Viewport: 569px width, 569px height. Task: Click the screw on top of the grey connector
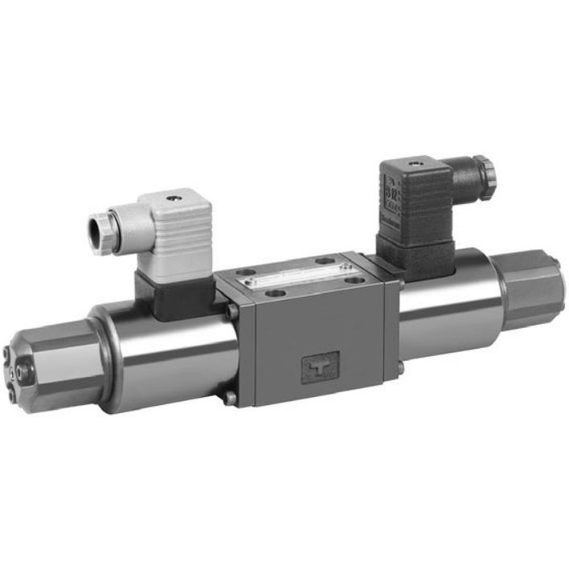(x=170, y=195)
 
